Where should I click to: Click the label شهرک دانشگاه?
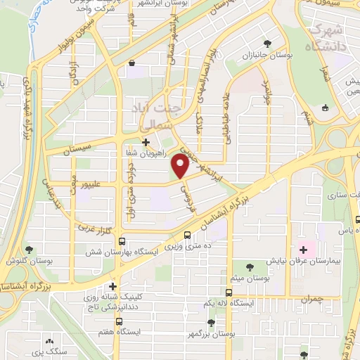pos(324,39)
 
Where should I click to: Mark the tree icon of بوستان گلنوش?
pos(29,249)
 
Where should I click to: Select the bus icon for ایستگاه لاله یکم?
pos(229,292)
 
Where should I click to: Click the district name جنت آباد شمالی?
pos(155,115)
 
